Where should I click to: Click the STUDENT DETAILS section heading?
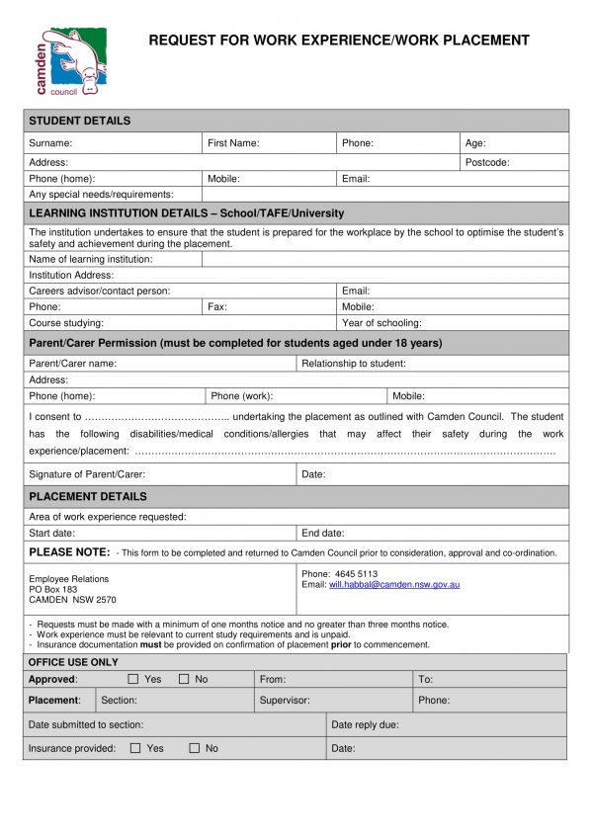(x=79, y=121)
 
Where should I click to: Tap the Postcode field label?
(x=487, y=162)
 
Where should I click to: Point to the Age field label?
(x=475, y=143)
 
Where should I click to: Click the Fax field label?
(x=217, y=306)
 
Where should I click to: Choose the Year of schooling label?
(x=381, y=323)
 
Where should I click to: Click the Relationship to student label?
(x=354, y=364)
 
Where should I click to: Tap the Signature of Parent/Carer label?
(x=87, y=474)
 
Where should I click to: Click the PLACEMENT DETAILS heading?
(x=88, y=496)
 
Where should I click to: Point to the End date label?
(x=323, y=533)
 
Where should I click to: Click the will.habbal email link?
(x=394, y=585)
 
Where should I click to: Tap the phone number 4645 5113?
(x=356, y=574)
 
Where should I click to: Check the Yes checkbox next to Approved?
(x=133, y=679)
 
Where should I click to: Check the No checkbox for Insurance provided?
(x=194, y=748)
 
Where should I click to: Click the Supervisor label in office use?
(x=285, y=700)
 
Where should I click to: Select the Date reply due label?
(x=366, y=724)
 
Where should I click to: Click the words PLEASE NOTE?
(x=69, y=551)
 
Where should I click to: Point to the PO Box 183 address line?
(x=53, y=589)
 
